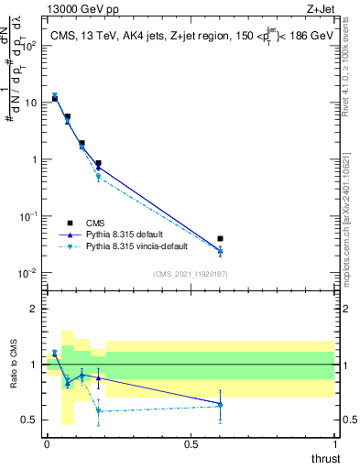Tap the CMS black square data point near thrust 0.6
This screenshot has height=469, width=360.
tap(220, 239)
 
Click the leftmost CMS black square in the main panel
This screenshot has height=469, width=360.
tap(55, 98)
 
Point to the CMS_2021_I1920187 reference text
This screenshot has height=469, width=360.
tap(190, 273)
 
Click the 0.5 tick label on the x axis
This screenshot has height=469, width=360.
tap(191, 444)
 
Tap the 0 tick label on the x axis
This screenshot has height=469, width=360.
tap(47, 444)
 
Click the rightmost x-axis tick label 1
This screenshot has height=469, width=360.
tap(334, 444)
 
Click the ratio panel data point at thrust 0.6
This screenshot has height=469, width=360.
tap(220, 404)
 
